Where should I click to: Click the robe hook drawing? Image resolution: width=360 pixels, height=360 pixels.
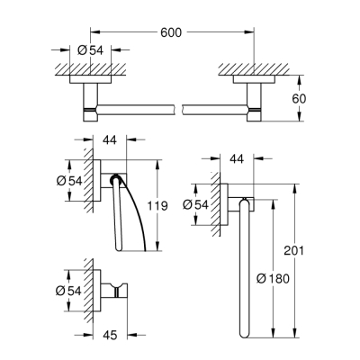point(113,290)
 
